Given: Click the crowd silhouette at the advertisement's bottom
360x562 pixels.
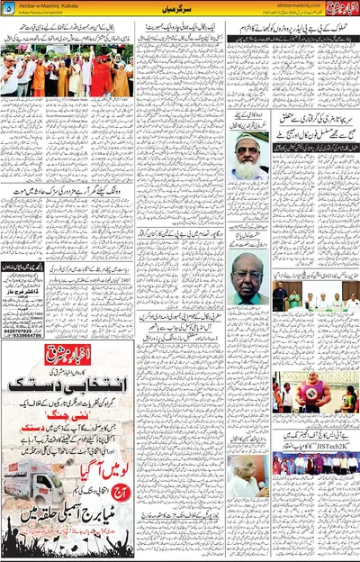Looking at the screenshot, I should tap(67, 540).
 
